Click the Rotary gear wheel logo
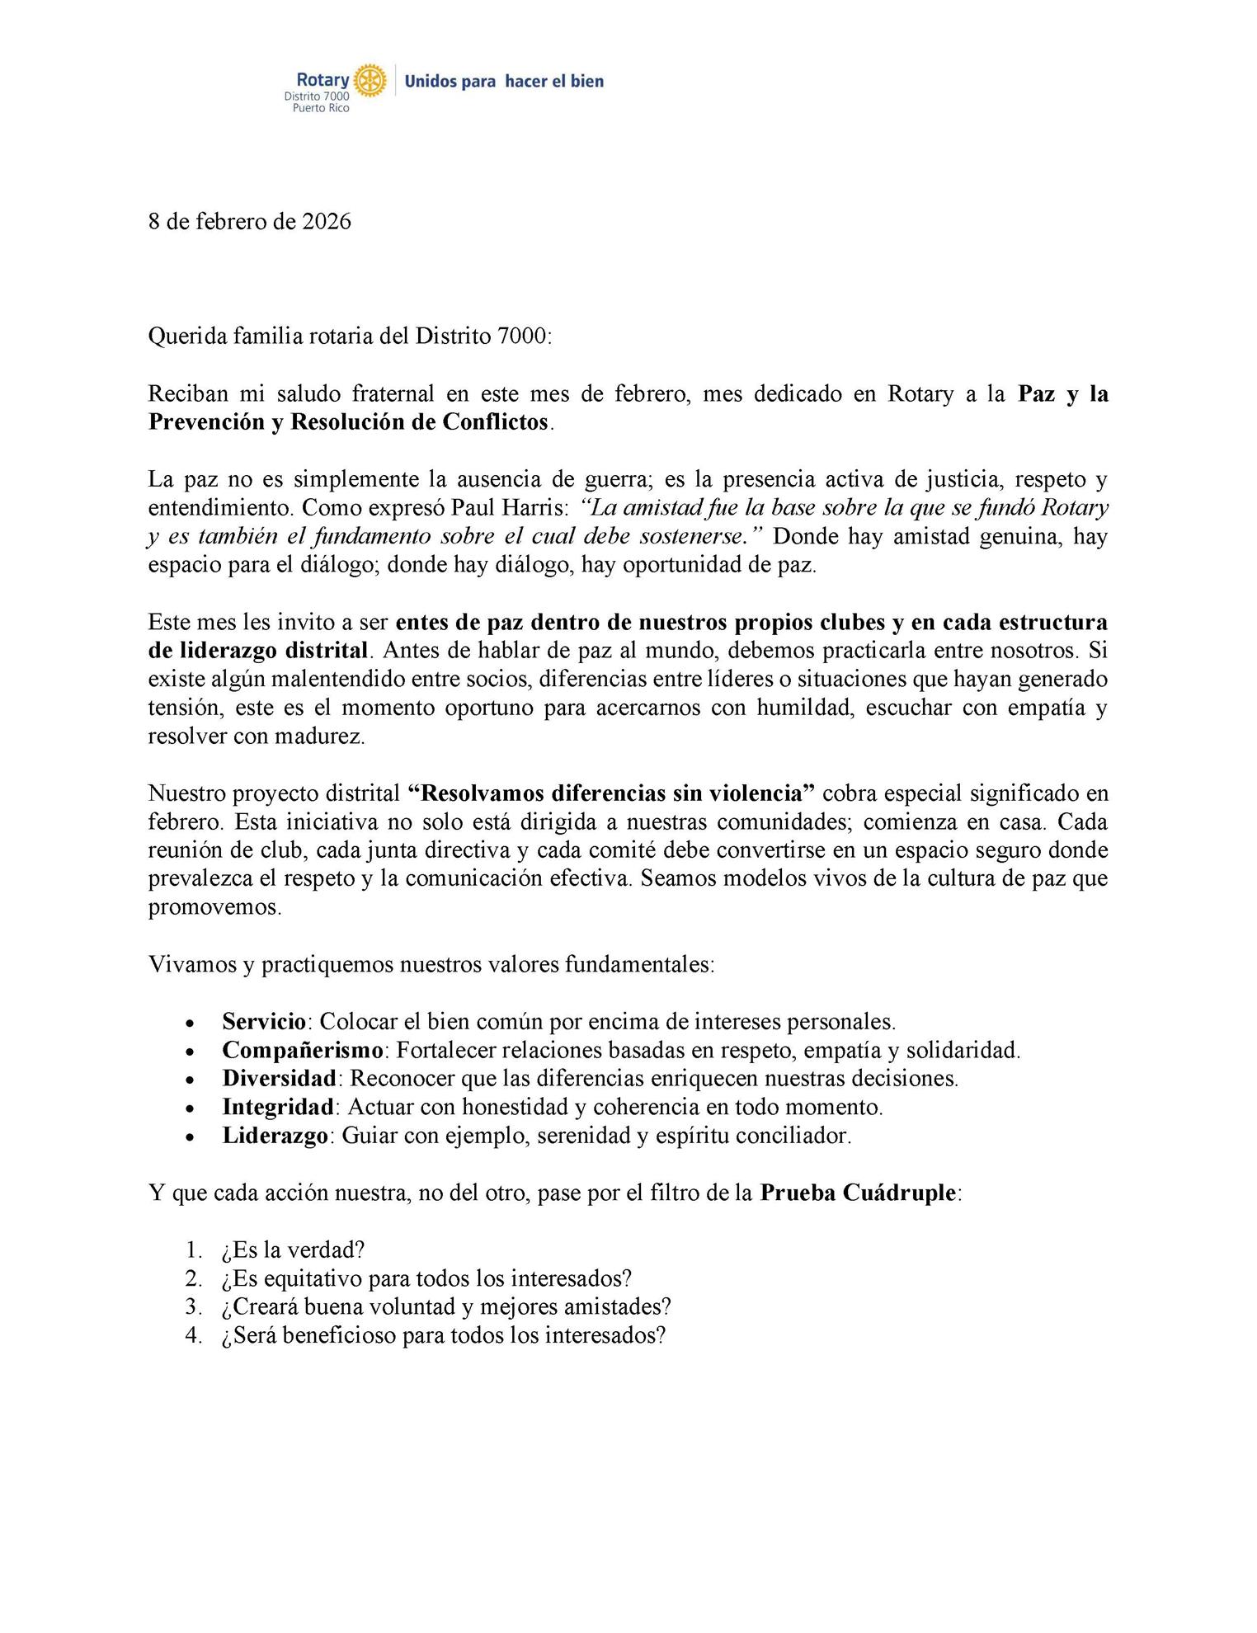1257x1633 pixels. click(370, 81)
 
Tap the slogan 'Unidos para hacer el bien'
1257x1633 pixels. click(504, 81)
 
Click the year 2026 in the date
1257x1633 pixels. click(327, 222)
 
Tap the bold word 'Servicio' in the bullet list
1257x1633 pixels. click(264, 1022)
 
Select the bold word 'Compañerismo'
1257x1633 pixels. click(303, 1050)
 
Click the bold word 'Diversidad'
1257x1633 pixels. click(280, 1078)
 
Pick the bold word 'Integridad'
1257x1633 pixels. click(278, 1107)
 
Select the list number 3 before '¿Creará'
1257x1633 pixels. click(193, 1306)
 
